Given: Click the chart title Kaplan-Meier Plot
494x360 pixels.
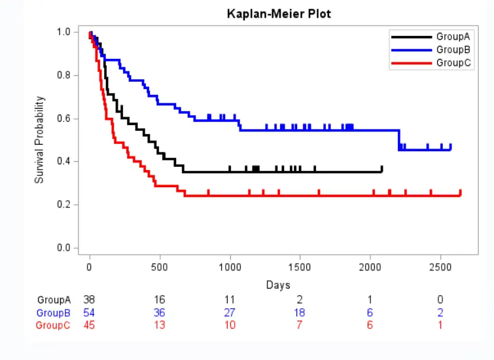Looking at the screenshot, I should tap(279, 14).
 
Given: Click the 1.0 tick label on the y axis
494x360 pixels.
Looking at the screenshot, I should tap(63, 32).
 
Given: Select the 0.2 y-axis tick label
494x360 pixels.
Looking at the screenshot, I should tap(63, 205).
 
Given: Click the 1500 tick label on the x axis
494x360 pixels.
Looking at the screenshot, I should tap(300, 267).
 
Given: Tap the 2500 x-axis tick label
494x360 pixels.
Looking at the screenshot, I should tap(440, 267).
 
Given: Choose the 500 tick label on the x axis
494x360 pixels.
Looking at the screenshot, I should tap(160, 267).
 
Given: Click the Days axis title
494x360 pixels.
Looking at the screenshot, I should tap(278, 285).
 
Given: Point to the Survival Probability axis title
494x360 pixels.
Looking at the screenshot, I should tap(40, 139).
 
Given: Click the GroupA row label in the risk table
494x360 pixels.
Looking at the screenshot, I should tap(53, 300).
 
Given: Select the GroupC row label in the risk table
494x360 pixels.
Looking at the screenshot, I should tap(53, 325).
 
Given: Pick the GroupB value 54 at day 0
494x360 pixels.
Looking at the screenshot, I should tap(90, 312).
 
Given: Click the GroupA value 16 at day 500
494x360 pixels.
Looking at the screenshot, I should tap(160, 300).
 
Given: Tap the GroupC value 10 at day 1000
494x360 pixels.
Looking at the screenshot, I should tap(230, 325).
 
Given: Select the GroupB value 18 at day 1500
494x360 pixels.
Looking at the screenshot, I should tap(300, 312).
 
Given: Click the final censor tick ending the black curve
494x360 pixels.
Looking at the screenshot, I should tap(381, 169).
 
